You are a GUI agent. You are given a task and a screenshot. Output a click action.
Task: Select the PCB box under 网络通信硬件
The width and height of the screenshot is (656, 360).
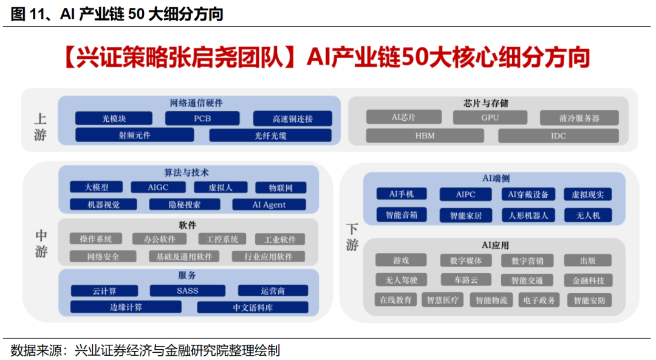point(202,118)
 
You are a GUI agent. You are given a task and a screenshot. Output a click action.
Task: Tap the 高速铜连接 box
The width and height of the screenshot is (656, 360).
point(293,119)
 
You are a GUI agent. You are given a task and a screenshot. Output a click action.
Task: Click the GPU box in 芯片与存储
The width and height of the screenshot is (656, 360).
point(490,118)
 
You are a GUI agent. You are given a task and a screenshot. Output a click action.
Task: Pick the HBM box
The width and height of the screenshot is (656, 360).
point(425,135)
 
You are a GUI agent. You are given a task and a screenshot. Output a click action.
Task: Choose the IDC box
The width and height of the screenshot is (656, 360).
point(558,135)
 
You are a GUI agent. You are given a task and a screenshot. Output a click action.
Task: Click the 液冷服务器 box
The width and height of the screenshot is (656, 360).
point(579,118)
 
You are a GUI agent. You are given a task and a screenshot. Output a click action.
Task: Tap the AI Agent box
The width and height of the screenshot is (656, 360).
point(269,205)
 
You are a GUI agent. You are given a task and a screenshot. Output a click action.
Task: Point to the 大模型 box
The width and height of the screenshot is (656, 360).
point(96,188)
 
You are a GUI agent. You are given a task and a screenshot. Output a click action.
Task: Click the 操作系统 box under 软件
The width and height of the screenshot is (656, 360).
point(95,239)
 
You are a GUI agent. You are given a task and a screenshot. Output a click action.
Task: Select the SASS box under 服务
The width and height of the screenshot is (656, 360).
point(188,291)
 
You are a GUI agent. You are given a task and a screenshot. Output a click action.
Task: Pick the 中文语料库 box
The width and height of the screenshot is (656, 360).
point(253,307)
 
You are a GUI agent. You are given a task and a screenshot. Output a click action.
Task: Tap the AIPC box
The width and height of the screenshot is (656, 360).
point(465,195)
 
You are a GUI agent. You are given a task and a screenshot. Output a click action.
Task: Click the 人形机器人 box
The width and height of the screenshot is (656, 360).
point(528,215)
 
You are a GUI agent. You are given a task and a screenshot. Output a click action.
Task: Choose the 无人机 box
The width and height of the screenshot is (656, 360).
point(587,215)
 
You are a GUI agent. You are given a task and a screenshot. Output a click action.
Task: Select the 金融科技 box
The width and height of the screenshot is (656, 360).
point(587,280)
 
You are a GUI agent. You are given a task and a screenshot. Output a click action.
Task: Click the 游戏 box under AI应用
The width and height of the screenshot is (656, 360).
point(401,260)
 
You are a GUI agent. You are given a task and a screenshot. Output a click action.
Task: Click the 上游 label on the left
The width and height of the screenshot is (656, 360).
point(40,126)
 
